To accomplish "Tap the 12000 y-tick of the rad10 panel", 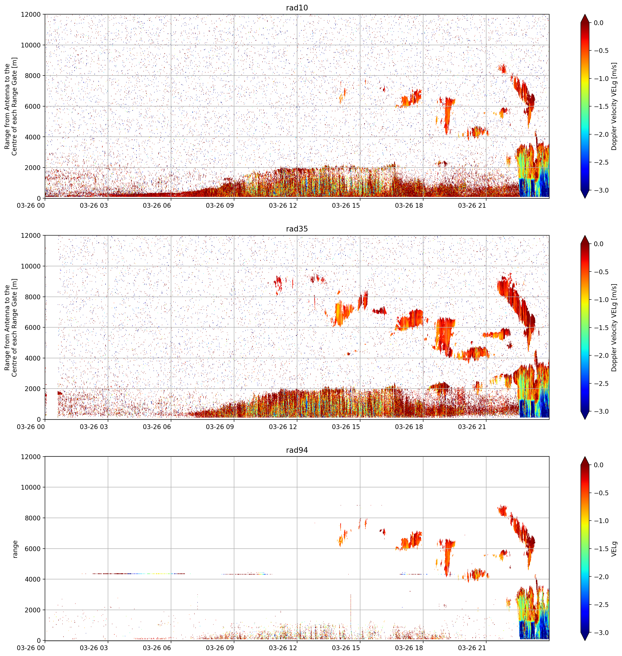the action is coord(31,15).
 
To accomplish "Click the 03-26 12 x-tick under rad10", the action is coord(283,205).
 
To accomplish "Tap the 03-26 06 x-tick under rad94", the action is coord(157,648).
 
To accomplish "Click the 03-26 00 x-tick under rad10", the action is coord(31,205).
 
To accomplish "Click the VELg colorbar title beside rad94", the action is coord(614,549).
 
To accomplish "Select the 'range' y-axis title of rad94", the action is coord(15,549).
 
